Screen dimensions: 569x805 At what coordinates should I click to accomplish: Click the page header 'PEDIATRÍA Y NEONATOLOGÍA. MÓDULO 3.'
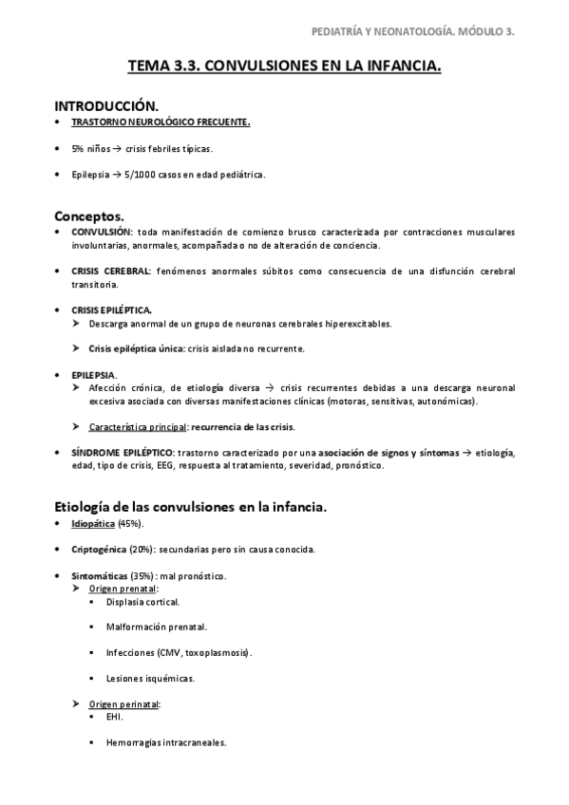click(413, 31)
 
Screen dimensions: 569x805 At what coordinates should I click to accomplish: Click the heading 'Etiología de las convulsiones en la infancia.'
click(191, 507)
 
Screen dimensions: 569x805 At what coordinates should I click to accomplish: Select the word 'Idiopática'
click(93, 524)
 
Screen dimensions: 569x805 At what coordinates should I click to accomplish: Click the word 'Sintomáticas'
click(99, 576)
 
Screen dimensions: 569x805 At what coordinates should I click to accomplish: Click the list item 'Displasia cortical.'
click(142, 602)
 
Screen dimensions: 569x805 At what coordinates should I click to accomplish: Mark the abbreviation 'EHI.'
click(115, 717)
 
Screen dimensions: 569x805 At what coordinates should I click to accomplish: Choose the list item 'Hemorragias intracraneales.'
click(166, 742)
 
